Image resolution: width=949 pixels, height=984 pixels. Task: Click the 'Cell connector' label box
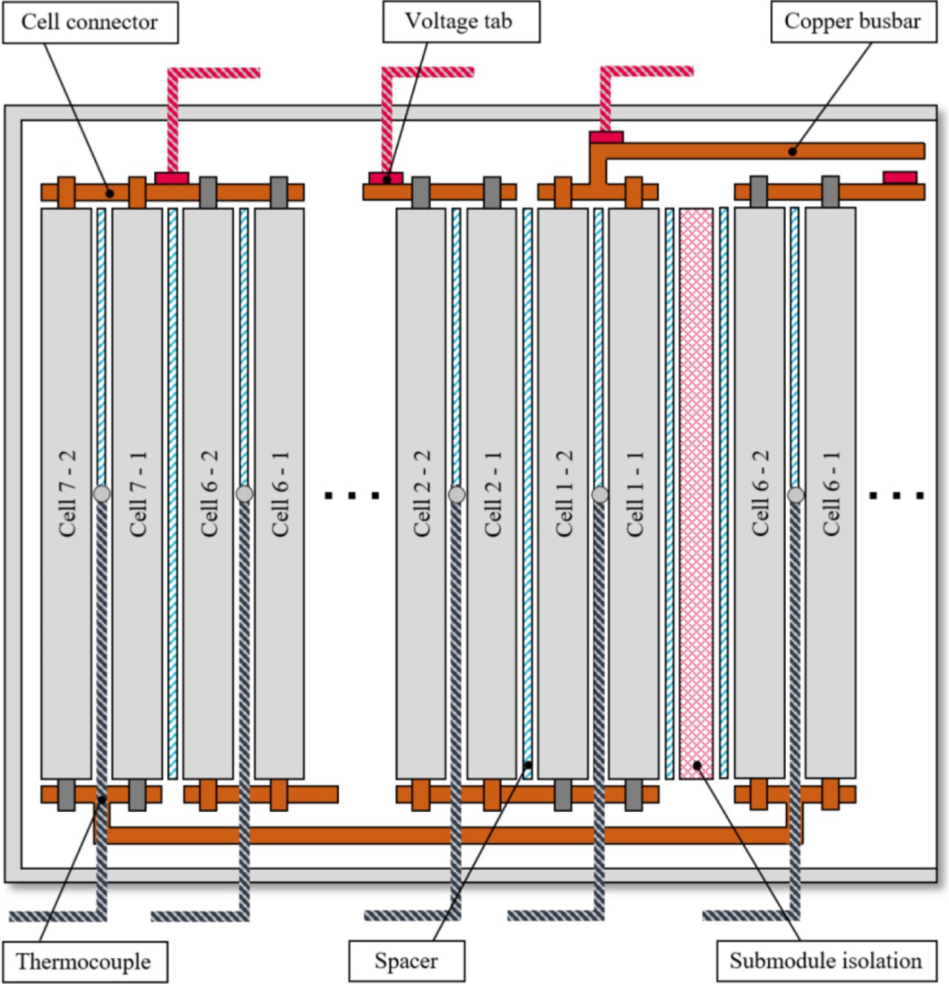[x=90, y=22]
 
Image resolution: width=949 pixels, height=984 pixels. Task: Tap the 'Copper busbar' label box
[x=852, y=22]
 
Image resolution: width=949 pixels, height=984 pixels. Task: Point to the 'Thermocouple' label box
[x=83, y=962]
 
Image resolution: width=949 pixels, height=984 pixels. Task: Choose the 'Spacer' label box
[x=406, y=962]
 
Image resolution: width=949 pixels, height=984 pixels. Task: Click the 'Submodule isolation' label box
[x=825, y=962]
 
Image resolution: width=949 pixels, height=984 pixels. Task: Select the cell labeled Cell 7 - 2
[x=66, y=493]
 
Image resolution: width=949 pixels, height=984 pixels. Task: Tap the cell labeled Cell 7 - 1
[x=137, y=493]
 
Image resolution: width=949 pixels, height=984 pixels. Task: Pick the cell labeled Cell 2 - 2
[x=421, y=493]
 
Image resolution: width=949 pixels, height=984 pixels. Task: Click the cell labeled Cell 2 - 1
[x=492, y=493]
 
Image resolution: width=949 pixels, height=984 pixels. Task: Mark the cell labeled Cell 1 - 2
[x=563, y=493]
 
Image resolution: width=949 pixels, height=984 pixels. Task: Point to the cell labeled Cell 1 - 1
[x=634, y=493]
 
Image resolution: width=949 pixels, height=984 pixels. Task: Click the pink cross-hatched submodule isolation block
[x=696, y=493]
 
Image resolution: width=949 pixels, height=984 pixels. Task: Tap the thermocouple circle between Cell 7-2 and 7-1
[x=102, y=493]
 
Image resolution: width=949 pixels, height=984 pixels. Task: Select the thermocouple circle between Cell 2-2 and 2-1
[x=457, y=494]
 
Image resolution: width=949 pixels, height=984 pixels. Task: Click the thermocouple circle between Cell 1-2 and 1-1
[x=600, y=494]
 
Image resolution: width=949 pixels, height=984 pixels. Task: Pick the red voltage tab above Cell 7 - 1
[x=171, y=178]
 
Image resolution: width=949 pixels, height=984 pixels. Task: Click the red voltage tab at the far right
[x=899, y=177]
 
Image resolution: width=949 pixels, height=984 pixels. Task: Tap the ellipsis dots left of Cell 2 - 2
[x=353, y=495]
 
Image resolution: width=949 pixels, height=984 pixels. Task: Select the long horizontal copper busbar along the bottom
[x=445, y=836]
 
